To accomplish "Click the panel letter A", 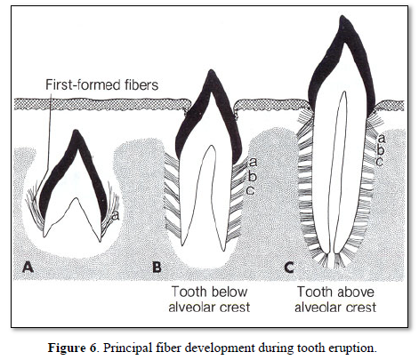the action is (x=28, y=267).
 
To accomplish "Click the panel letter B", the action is (x=157, y=267).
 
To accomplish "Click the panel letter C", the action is (x=289, y=267).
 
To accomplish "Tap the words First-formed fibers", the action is (x=101, y=84).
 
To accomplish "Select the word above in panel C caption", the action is (x=355, y=292).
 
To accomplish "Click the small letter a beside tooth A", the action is (x=116, y=216).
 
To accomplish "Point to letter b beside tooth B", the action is (x=252, y=176).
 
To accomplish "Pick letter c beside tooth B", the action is (x=250, y=190).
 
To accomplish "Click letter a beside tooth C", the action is (x=382, y=139).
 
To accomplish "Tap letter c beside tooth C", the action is (x=380, y=162).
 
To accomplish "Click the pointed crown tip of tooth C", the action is (x=343, y=17).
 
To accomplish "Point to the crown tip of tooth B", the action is (x=211, y=71).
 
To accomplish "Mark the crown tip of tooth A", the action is (x=77, y=132).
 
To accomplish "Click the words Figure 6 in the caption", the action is (x=72, y=348).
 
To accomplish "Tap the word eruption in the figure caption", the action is (x=354, y=348).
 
